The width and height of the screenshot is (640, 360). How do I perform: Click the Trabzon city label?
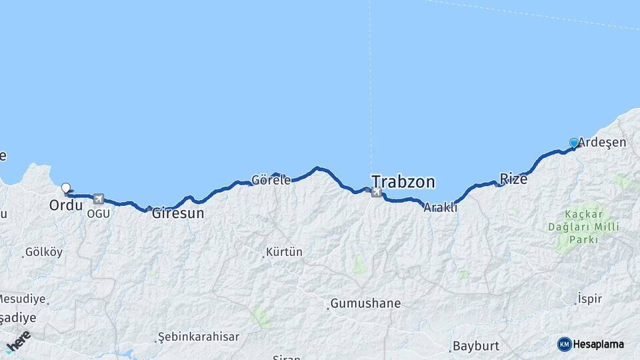click(403, 181)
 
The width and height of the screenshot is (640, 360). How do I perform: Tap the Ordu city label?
click(65, 205)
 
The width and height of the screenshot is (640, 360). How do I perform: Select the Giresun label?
click(178, 214)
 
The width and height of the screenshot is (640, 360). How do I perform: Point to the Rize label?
click(513, 179)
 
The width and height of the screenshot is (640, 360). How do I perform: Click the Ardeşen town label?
click(602, 142)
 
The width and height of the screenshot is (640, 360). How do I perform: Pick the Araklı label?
click(441, 207)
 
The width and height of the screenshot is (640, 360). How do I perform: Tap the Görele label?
click(271, 179)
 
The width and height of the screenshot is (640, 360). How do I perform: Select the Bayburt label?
click(475, 346)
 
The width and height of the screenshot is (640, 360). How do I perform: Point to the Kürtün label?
click(284, 252)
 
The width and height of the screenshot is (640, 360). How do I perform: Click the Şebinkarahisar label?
click(199, 337)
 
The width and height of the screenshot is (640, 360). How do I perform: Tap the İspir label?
click(590, 298)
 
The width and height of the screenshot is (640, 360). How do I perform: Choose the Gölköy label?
click(43, 252)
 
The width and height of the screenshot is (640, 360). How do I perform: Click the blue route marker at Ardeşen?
click(574, 143)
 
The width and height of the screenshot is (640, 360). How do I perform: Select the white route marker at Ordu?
click(65, 188)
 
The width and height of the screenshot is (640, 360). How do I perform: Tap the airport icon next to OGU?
click(99, 199)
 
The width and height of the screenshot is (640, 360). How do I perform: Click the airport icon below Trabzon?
click(377, 193)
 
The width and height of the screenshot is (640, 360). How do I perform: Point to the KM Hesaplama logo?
click(591, 344)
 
